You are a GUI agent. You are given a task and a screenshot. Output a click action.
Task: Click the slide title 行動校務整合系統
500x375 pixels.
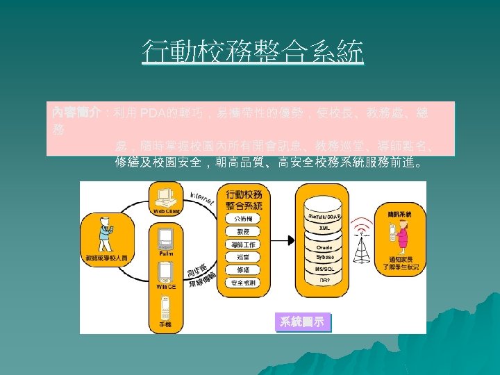252,52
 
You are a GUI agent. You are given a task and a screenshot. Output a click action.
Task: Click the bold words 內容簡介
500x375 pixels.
76,112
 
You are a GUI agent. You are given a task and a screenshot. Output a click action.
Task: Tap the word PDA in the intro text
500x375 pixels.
152,112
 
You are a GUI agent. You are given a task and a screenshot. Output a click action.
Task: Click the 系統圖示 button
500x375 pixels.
301,321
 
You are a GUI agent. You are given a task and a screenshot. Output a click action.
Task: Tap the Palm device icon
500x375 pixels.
165,239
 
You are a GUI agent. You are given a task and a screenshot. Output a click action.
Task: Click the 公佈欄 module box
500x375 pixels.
244,217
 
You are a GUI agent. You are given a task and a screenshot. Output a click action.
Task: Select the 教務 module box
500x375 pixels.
244,231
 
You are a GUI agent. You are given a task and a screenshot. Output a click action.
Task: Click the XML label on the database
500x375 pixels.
324,228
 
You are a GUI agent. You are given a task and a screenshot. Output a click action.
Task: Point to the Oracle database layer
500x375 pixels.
324,247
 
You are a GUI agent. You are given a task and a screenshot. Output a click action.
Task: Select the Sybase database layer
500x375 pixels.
324,257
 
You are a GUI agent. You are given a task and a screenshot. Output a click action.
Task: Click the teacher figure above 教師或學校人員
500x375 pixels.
102,233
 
